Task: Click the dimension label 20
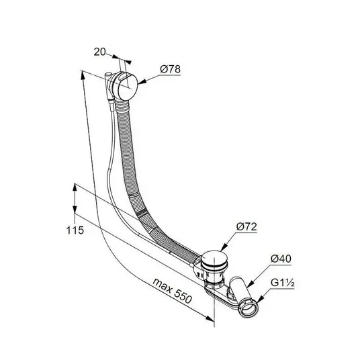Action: click(99, 52)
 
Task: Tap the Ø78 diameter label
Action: click(170, 69)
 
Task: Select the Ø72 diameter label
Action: click(246, 227)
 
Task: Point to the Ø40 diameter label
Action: click(281, 259)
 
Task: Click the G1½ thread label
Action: click(282, 283)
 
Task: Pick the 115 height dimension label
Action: click(75, 230)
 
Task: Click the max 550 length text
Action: click(172, 291)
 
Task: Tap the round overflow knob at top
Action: click(126, 86)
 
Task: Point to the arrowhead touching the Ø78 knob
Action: click(141, 83)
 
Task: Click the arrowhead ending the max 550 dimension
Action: click(210, 318)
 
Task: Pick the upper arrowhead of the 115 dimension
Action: click(75, 187)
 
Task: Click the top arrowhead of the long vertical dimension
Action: click(82, 75)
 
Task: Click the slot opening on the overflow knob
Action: click(124, 77)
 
